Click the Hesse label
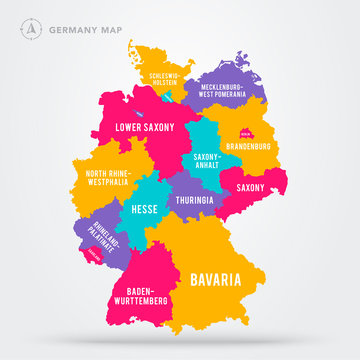point(144,211)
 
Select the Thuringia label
point(195,198)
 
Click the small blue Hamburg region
point(173,97)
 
